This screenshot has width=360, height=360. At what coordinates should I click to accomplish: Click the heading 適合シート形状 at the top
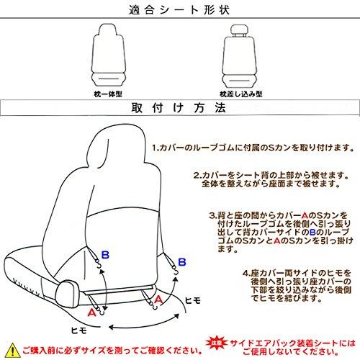pyautogui.click(x=180, y=10)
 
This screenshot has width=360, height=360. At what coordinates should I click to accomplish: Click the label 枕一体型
pyautogui.click(x=106, y=92)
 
